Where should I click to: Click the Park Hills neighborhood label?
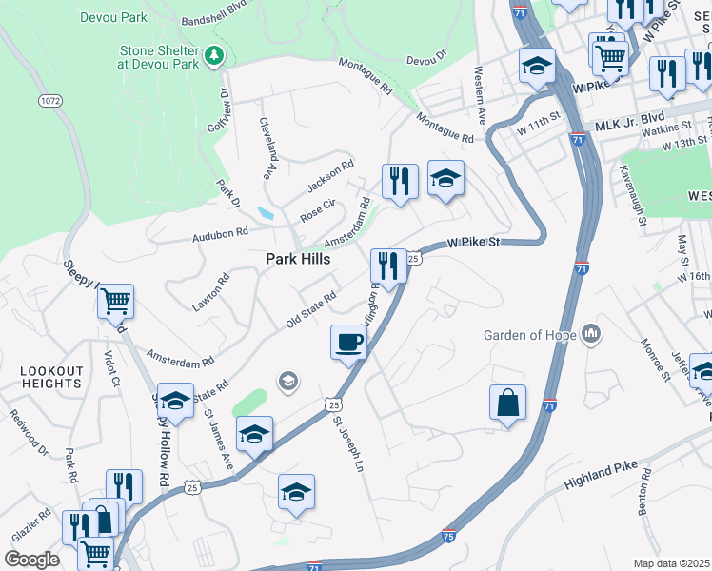pos(298,259)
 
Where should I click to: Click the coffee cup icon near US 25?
pos(348,342)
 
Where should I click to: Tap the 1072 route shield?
pos(50,100)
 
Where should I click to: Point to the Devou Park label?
pos(115,17)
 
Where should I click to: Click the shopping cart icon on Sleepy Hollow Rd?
pos(115,302)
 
